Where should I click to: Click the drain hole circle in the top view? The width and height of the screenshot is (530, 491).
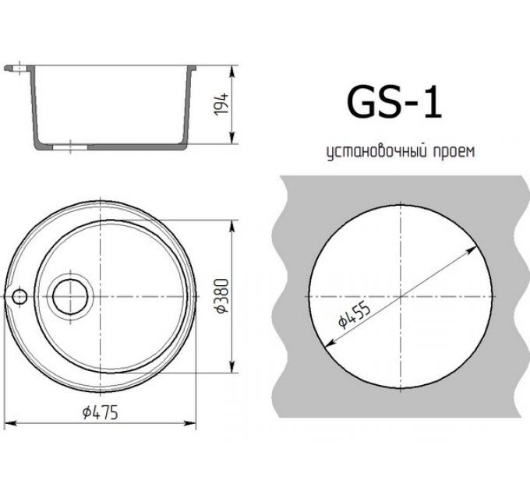(x=72, y=295)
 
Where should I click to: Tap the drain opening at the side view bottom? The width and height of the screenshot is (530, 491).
(x=69, y=145)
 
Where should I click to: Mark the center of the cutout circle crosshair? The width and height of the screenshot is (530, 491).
(x=399, y=297)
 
